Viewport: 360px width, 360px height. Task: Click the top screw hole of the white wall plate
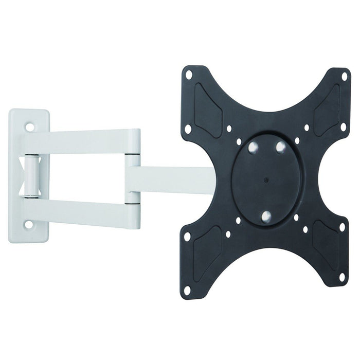point(29,125)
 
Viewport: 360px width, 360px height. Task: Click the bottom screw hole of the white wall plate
point(29,224)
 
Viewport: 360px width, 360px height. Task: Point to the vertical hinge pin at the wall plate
point(32,175)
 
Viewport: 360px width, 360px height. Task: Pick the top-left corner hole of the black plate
point(189,75)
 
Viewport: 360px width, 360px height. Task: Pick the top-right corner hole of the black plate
point(344,76)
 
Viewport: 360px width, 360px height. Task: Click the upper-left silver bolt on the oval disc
point(253,147)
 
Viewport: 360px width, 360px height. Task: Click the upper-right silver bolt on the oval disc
point(280,147)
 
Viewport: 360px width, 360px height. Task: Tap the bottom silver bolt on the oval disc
point(266,216)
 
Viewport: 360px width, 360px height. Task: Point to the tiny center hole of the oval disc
point(266,181)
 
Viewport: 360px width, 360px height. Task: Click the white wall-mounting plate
point(21,175)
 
